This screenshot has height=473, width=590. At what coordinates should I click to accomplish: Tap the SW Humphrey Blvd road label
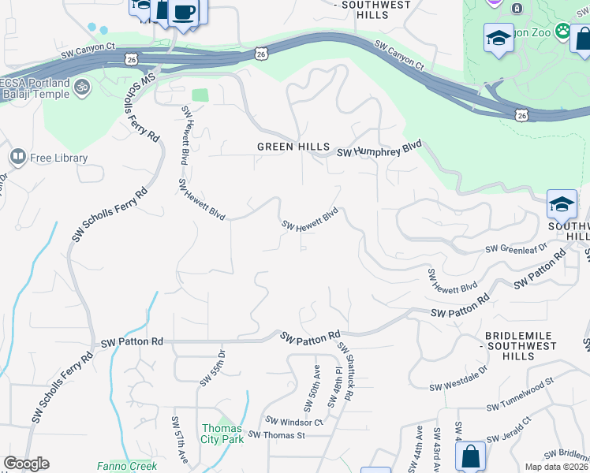click(x=379, y=151)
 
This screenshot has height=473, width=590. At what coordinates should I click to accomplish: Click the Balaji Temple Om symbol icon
click(x=82, y=84)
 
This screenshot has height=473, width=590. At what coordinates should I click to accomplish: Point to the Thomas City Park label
click(x=222, y=434)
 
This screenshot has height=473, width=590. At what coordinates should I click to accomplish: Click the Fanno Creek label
click(x=127, y=466)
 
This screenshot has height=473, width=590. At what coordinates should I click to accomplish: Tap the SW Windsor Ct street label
click(x=294, y=422)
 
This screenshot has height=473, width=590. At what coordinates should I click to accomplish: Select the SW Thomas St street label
click(x=276, y=435)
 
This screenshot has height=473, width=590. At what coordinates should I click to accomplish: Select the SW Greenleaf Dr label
click(x=516, y=248)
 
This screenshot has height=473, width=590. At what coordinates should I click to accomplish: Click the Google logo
click(x=26, y=464)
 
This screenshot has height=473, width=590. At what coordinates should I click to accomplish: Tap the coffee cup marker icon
click(x=185, y=13)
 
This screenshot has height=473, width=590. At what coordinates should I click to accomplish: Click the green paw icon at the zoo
click(x=562, y=32)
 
